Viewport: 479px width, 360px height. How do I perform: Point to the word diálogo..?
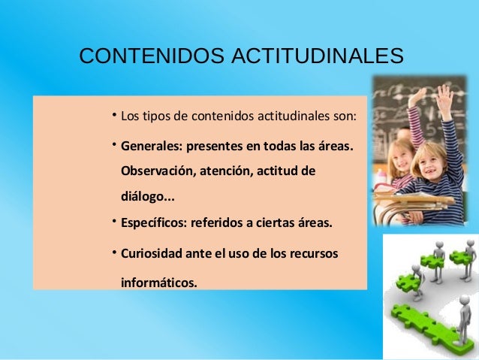[x=143, y=199]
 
